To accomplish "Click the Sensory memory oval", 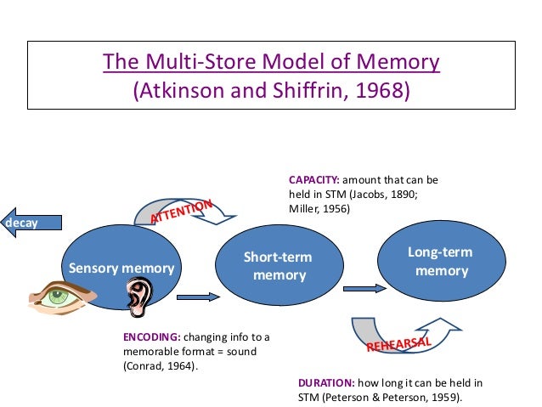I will (121, 255).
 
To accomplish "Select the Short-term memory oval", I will (278, 265).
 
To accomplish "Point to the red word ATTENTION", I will (181, 211).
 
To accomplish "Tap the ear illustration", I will (138, 297).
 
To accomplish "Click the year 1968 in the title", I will (384, 88).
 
